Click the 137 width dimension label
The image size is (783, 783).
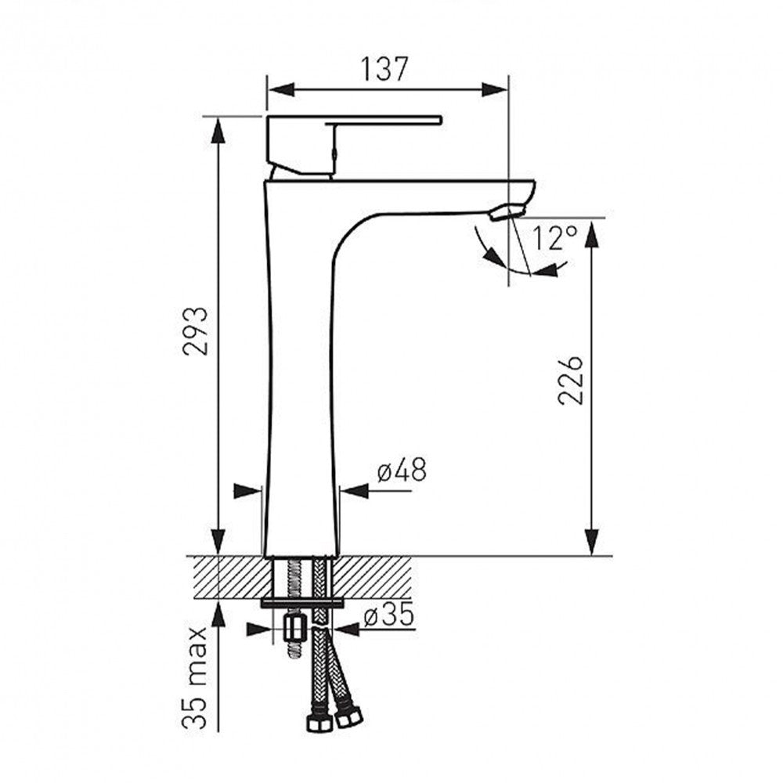point(384,69)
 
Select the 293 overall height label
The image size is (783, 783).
point(195,330)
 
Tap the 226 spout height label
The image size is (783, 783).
point(570,381)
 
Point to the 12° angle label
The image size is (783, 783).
point(555,238)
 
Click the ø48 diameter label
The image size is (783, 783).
point(402,470)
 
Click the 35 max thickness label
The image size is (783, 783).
point(195,677)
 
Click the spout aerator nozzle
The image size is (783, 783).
point(507,212)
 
